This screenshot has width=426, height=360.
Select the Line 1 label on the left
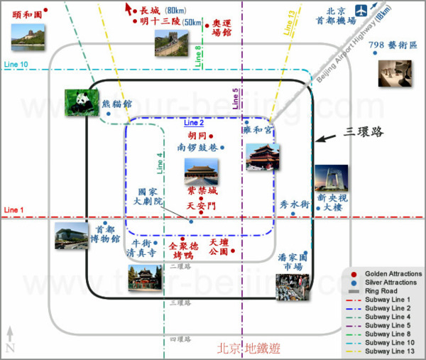13,210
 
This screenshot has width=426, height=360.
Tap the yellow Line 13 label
288,23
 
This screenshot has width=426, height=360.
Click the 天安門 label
200,205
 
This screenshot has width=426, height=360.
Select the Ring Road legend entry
383,291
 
